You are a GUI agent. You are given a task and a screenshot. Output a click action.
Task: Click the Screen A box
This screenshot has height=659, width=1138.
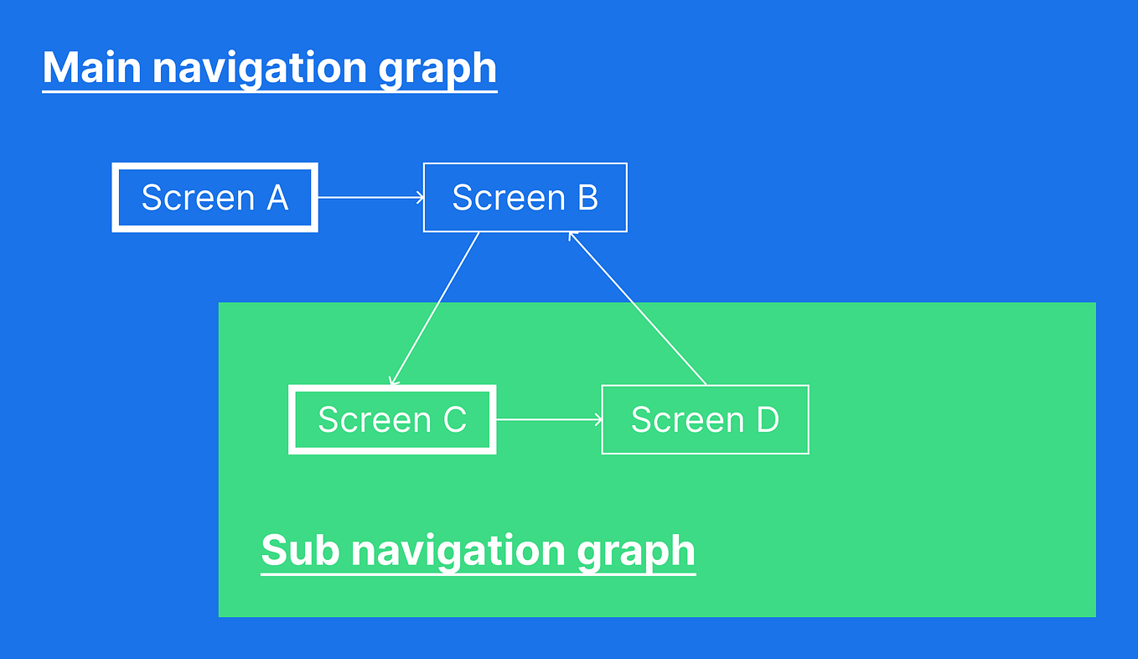tap(215, 198)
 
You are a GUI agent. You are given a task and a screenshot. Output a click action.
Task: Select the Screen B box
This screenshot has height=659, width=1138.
tap(525, 198)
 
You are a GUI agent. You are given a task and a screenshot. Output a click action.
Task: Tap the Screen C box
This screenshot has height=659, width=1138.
tap(392, 419)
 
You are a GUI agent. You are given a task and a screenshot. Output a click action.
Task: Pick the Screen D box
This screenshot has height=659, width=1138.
tap(705, 419)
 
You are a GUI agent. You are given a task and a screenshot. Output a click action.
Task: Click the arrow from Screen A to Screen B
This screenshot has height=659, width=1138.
tap(370, 198)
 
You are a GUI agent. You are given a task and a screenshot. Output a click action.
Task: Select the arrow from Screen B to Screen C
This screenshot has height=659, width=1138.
tap(435, 309)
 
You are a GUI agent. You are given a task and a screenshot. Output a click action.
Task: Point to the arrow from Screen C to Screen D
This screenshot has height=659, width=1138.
tap(549, 419)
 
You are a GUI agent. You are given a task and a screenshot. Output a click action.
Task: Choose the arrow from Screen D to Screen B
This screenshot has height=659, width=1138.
tap(637, 309)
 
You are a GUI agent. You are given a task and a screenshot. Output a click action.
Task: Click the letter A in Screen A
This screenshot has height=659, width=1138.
tap(276, 198)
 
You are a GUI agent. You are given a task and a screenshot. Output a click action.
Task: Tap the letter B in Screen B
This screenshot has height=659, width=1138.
tap(587, 198)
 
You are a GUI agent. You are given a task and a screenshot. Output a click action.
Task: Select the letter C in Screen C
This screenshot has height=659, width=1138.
tap(453, 419)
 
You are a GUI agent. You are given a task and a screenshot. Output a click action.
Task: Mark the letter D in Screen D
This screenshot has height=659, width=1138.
tap(767, 419)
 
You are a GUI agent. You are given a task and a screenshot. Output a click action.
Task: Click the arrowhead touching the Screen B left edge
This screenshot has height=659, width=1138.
tap(419, 198)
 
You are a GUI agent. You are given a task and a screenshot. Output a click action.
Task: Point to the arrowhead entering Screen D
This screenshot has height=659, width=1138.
tap(597, 419)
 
